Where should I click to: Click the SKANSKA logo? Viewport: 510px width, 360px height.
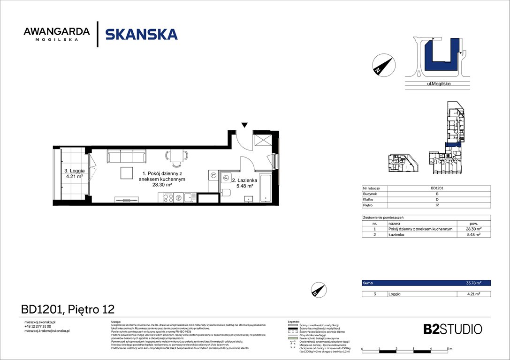coord(141,34)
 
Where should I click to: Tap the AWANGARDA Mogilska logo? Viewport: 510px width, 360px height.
coord(56,34)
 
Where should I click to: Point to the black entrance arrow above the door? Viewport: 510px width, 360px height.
coord(244,125)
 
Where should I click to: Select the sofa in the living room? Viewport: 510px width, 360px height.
coord(127,157)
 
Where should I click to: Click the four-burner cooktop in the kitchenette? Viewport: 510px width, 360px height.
coord(168,198)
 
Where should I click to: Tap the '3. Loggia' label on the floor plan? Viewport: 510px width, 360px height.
coord(74,171)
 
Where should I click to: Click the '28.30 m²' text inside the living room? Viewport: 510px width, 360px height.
coord(162,185)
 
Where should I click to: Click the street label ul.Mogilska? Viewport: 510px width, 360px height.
coord(439,84)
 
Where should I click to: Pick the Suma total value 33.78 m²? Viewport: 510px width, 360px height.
coord(473,283)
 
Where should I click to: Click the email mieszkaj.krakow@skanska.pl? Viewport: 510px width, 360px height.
coord(47,331)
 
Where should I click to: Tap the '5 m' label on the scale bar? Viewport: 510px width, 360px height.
coord(449,349)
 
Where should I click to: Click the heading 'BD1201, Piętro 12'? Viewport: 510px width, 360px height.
coord(68,309)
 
